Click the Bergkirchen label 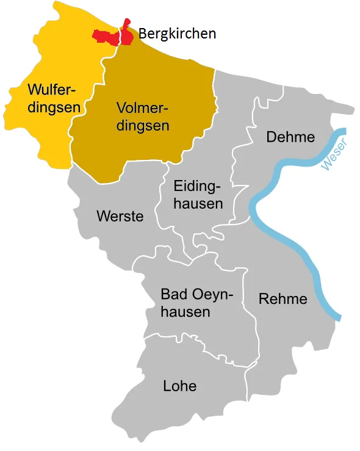click(x=177, y=34)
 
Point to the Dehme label click(x=290, y=137)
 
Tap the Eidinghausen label click(x=198, y=195)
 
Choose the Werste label click(x=120, y=216)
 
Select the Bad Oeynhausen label click(x=193, y=303)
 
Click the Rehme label click(x=283, y=300)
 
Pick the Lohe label click(x=179, y=386)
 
